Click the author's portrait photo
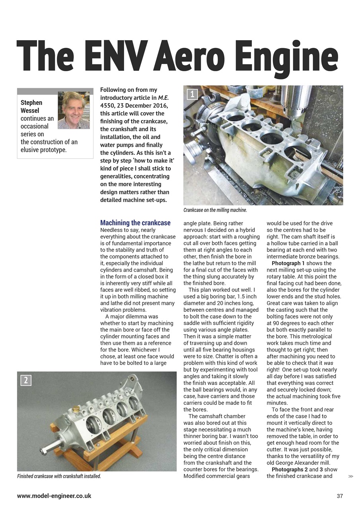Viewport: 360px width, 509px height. pos(74,110)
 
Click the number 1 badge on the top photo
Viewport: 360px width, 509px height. pos(193,94)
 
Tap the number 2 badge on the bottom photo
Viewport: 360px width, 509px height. pos(25,380)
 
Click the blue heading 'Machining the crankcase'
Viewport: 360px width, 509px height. pos(135,223)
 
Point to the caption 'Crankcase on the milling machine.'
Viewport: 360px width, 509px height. pos(215,210)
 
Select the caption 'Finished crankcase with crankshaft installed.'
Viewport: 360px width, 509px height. pos(59,476)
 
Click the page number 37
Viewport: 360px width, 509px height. pos(339,496)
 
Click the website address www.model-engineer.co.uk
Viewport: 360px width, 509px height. pos(54,496)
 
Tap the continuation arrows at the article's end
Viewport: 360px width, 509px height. pos(350,476)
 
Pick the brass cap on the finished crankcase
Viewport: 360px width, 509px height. pos(76,409)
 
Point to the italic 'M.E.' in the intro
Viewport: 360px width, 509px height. pos(163,98)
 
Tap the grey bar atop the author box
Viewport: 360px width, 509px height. pos(55,91)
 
